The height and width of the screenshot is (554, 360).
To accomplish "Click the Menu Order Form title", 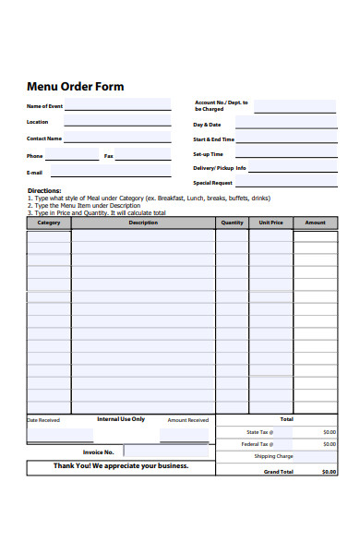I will point(76,87).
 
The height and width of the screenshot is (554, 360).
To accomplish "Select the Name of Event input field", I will point(117,105).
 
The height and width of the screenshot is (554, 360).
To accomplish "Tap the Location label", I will point(38,122).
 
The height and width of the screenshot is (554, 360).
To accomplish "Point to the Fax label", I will point(108,156).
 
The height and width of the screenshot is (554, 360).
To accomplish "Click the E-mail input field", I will point(110,171).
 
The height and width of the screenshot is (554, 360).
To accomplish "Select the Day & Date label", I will point(207,125).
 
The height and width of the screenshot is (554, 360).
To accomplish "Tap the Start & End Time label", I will point(213,139).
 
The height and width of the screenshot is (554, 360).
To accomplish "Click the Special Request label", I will point(211,183).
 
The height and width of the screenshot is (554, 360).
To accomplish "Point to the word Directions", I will point(44,191).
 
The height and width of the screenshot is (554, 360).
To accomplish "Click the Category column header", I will point(49,223).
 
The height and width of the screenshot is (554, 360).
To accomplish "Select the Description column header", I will point(143,223).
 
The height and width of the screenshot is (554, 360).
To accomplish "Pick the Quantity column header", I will point(233,223).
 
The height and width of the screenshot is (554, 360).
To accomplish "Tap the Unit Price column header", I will point(270,223).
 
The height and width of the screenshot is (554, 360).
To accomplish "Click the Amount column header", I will point(316,223).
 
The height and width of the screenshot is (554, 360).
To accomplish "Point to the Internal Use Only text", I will point(121,419).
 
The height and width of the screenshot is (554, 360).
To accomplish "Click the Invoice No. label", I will point(98,452).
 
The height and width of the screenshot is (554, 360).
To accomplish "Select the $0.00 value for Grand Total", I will point(330,472).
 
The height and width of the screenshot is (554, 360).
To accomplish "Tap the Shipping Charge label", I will point(274,456).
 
